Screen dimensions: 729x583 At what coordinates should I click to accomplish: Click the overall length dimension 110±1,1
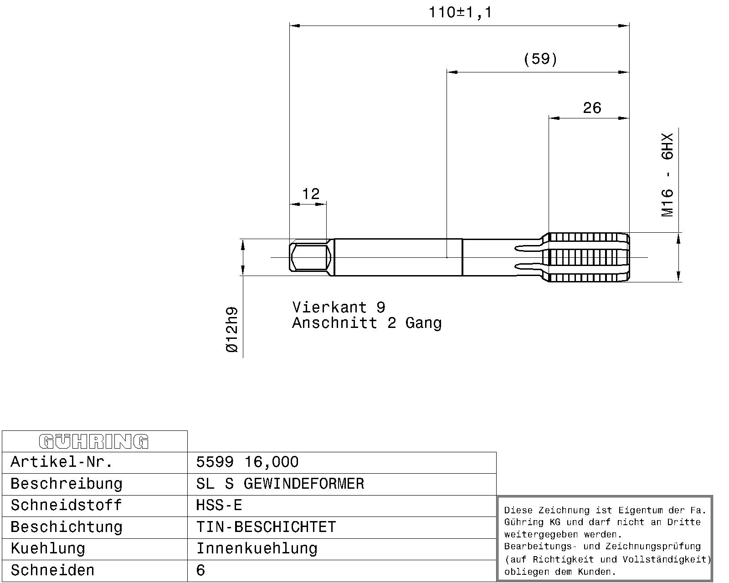pos(460,13)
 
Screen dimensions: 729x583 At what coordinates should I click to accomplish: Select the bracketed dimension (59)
pos(540,59)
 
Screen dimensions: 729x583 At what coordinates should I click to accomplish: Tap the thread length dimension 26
pos(592,108)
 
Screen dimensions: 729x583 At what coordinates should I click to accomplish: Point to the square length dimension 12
pos(311,194)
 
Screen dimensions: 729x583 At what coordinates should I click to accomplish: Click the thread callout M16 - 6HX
pos(667,175)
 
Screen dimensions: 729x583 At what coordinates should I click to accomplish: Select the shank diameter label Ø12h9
pos(232,330)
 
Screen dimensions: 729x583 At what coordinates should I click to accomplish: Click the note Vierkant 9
pos(339,307)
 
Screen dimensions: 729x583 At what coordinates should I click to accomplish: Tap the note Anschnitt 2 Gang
pos(367,323)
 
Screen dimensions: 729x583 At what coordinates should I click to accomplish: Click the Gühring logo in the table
pos(94,441)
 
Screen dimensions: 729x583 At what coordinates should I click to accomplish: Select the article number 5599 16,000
pos(247,462)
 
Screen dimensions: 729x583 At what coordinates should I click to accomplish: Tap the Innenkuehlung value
pos(257,549)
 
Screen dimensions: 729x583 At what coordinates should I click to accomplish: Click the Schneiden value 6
pos(200,570)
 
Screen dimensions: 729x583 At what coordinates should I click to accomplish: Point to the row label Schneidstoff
pos(66,506)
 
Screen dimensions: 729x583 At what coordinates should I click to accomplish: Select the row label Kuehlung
pos(48,549)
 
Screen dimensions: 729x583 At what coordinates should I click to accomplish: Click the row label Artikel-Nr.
pos(62,462)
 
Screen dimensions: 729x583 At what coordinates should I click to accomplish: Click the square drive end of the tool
pos(310,257)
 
